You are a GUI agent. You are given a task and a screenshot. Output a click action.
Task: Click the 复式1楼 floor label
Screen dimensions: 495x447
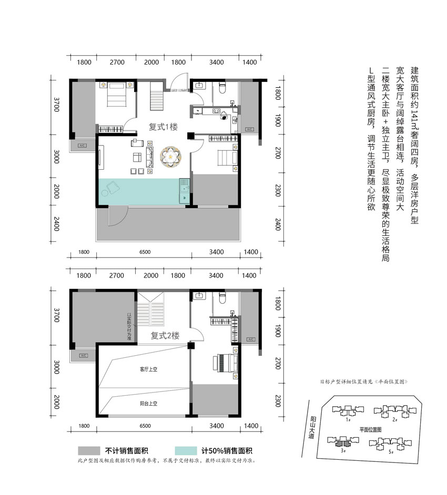click(163, 127)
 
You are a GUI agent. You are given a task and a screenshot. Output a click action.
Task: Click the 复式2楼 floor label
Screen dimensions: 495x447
click(165, 336)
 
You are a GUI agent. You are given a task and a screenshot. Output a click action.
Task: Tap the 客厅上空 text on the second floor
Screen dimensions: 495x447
click(149, 369)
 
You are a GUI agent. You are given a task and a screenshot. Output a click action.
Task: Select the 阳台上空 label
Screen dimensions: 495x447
click(149, 404)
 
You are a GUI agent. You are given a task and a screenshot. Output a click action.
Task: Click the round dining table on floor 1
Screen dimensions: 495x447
click(171, 156)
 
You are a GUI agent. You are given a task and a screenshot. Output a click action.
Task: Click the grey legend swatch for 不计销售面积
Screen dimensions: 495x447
click(88, 450)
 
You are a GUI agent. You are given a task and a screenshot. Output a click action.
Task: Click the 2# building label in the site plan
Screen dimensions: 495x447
click(394, 419)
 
